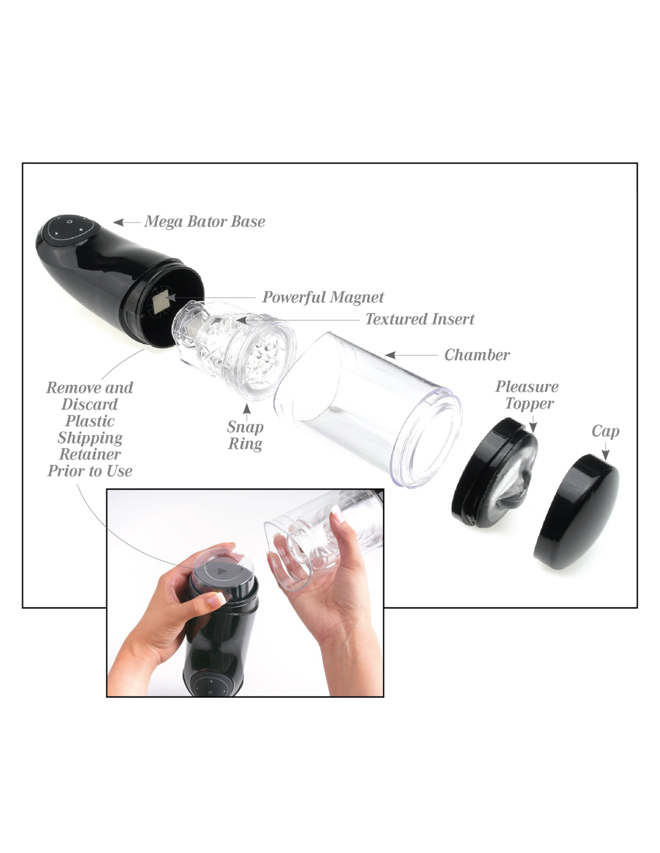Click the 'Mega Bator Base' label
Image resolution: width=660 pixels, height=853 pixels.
[x=205, y=222]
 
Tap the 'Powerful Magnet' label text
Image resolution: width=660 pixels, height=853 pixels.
[x=323, y=297]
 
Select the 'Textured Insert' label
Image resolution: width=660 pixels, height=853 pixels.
[x=420, y=319]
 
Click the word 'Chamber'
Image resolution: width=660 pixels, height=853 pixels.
[x=476, y=355]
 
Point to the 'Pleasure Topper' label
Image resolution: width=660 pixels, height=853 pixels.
[x=527, y=395]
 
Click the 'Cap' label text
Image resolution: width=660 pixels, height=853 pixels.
[x=605, y=431]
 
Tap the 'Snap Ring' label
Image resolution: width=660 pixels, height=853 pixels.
[x=245, y=435]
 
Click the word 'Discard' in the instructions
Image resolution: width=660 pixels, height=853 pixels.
[x=89, y=404]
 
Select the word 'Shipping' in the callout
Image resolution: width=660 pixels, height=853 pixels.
[x=90, y=438]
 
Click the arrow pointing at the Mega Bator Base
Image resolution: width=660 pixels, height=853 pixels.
[x=127, y=222]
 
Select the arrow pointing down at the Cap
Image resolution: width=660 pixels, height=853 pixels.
[x=605, y=452]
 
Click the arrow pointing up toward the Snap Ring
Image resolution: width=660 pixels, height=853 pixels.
[x=247, y=412]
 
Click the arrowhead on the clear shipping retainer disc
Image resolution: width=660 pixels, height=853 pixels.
[x=223, y=570]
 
